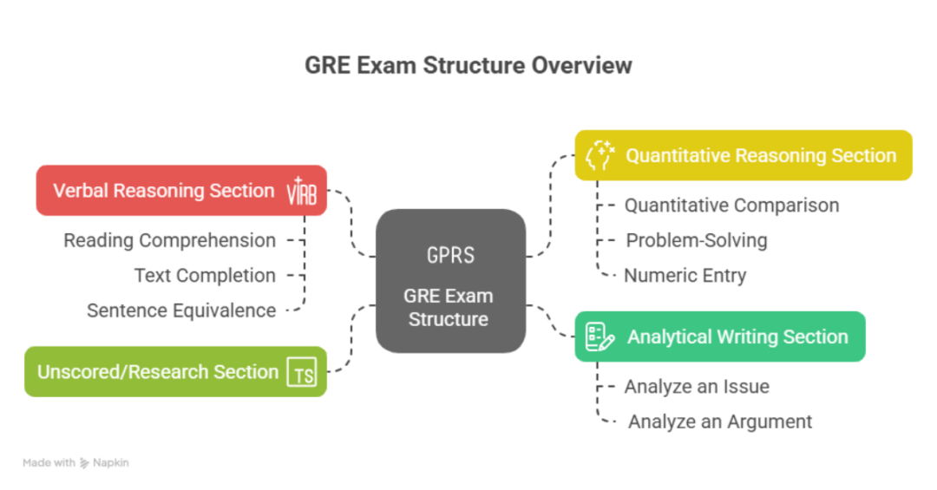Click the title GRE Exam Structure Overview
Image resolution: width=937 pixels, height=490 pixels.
pyautogui.click(x=468, y=66)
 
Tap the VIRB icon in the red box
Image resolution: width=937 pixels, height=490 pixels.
pyautogui.click(x=302, y=192)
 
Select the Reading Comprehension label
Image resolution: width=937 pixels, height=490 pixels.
pyautogui.click(x=169, y=240)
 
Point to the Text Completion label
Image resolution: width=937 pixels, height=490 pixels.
pyautogui.click(x=205, y=276)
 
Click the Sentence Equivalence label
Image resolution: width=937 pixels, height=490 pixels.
pyautogui.click(x=181, y=310)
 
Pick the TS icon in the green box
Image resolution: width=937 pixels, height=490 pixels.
pyautogui.click(x=303, y=372)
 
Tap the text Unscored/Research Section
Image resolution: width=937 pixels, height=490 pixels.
pyautogui.click(x=157, y=372)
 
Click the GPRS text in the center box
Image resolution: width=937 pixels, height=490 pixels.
pyautogui.click(x=450, y=255)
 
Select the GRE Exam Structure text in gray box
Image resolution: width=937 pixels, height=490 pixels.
pyautogui.click(x=448, y=307)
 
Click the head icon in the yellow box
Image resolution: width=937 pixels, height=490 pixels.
pyautogui.click(x=600, y=156)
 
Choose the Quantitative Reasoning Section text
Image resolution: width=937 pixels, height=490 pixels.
pyautogui.click(x=761, y=156)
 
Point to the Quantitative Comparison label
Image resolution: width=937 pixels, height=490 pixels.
pyautogui.click(x=731, y=206)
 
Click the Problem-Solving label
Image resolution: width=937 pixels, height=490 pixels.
pyautogui.click(x=697, y=240)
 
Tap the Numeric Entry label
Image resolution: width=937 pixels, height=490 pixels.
pyautogui.click(x=685, y=276)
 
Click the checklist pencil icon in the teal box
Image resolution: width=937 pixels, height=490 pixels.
pyautogui.click(x=600, y=336)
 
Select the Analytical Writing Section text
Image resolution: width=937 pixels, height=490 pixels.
pyautogui.click(x=737, y=336)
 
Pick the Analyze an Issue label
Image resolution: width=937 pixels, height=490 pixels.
pyautogui.click(x=697, y=387)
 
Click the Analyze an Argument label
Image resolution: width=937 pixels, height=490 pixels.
pyautogui.click(x=720, y=421)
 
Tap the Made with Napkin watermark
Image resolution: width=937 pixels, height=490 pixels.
pyautogui.click(x=75, y=463)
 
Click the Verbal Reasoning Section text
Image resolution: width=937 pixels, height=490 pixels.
pyautogui.click(x=163, y=191)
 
